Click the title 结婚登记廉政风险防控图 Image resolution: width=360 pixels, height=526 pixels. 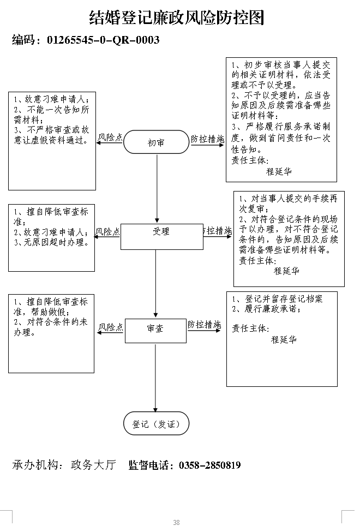(177, 17)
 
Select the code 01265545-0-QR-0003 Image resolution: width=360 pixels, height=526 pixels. (103, 40)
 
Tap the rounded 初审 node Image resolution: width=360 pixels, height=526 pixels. (156, 142)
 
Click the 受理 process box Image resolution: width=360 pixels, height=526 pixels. (162, 236)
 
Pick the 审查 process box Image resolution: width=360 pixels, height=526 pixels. (155, 331)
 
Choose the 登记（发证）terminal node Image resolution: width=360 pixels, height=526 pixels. (156, 423)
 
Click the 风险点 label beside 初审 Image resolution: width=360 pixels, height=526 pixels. (110, 137)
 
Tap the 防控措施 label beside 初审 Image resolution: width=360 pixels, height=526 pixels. (207, 139)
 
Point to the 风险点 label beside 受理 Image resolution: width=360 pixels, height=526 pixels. (107, 231)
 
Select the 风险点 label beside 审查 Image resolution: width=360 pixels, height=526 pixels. (111, 327)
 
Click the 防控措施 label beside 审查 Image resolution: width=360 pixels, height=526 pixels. (204, 325)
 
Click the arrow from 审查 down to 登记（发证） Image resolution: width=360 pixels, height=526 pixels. (155, 378)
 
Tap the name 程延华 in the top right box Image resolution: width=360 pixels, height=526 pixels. (279, 171)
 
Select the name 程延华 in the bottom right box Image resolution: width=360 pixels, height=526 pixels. (284, 339)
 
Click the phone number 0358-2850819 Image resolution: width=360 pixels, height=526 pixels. (210, 465)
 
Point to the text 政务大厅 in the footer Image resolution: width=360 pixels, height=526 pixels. (93, 464)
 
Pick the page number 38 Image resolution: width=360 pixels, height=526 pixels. (176, 522)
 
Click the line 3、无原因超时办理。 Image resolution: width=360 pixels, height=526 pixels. (52, 242)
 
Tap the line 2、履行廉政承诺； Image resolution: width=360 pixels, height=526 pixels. (267, 309)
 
